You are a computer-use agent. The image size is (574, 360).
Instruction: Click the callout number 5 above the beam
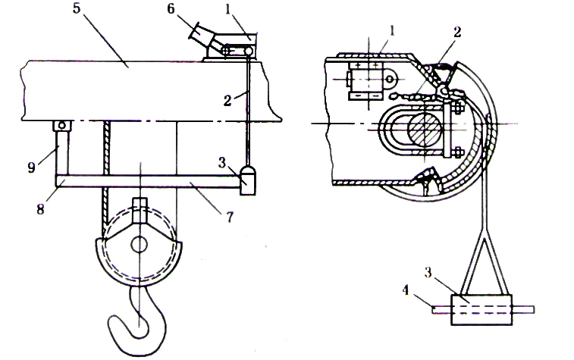pyautogui.click(x=76, y=8)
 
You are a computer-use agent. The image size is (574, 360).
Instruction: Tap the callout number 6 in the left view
pyautogui.click(x=171, y=8)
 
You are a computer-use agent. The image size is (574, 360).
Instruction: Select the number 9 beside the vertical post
pyautogui.click(x=32, y=167)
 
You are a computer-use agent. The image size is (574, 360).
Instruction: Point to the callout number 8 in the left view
pyautogui.click(x=40, y=209)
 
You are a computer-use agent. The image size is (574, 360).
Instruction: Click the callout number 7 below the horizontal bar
pyautogui.click(x=230, y=218)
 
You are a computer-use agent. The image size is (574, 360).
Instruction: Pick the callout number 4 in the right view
pyautogui.click(x=405, y=291)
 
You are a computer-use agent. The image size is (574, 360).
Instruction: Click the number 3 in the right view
pyautogui.click(x=428, y=273)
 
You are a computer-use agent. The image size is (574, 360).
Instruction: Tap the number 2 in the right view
pyautogui.click(x=457, y=32)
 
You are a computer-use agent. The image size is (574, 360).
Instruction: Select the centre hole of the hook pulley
pyautogui.click(x=139, y=245)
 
